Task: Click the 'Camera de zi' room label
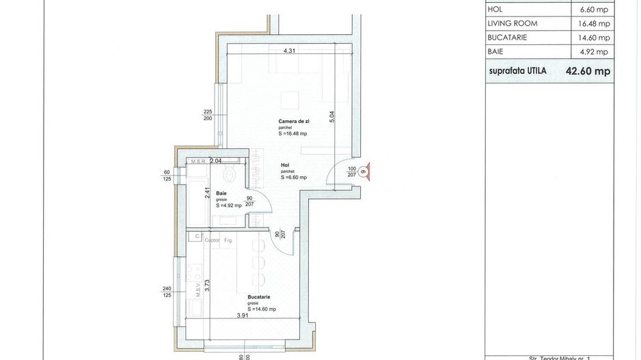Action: click(x=293, y=121)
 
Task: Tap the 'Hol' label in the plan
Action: click(x=285, y=165)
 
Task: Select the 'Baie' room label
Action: click(x=221, y=193)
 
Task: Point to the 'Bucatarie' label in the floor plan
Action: click(x=259, y=297)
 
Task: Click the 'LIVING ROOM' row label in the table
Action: click(x=513, y=23)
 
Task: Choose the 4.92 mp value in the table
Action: click(x=593, y=52)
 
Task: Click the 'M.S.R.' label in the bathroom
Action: click(x=199, y=162)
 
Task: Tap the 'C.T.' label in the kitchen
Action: click(x=197, y=236)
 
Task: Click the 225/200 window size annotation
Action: click(x=208, y=115)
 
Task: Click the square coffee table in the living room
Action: click(x=291, y=99)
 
